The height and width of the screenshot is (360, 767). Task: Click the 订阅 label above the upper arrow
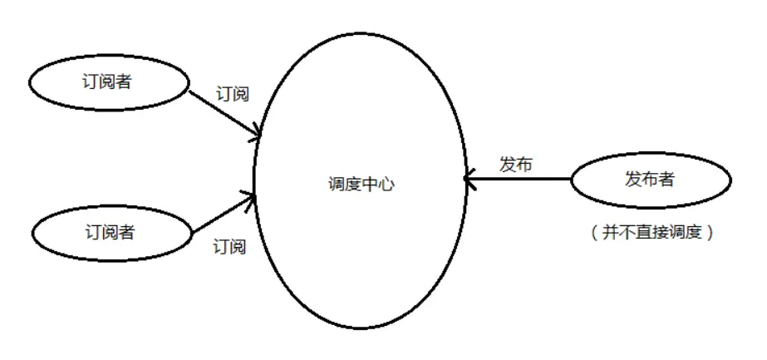coord(232,94)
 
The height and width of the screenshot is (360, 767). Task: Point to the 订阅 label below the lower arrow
coord(229,247)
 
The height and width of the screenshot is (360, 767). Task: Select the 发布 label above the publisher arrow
coord(515,164)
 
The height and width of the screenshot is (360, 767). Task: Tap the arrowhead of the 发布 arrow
coord(468,178)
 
